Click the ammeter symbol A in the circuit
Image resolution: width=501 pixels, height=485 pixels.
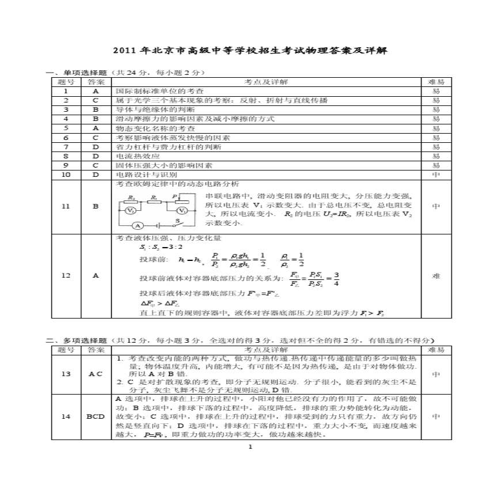[136, 225]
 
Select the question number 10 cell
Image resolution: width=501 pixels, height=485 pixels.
[66, 175]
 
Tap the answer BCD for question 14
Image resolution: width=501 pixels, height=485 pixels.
[96, 416]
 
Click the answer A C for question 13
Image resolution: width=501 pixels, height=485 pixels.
[96, 374]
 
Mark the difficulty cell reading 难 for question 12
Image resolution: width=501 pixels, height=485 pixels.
[436, 276]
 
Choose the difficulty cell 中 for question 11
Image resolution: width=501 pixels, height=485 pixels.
[436, 206]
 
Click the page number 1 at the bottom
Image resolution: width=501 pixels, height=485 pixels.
[250, 447]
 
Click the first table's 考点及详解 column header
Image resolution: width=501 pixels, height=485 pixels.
[266, 82]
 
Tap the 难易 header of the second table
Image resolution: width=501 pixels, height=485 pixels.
[436, 350]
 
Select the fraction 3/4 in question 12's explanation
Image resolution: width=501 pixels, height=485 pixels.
[336, 278]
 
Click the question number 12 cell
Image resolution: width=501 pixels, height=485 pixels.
[66, 276]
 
